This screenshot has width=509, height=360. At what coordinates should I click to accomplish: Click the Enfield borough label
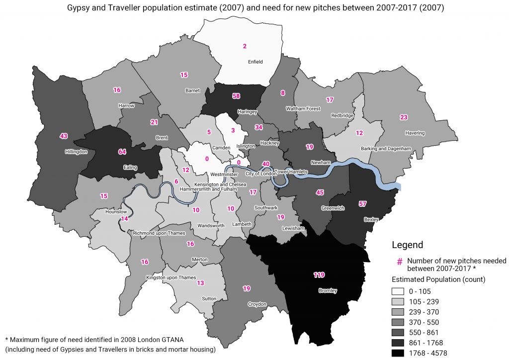tap(255, 62)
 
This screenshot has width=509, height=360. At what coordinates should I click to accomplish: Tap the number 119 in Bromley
tap(319, 274)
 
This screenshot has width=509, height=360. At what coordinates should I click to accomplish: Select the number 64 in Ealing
tap(122, 151)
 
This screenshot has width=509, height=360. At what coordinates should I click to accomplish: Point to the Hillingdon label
tap(76, 152)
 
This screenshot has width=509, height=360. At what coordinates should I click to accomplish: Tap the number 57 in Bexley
tap(362, 204)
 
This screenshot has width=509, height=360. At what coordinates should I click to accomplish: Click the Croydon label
tap(257, 304)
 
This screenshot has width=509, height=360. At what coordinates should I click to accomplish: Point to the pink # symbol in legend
tap(399, 261)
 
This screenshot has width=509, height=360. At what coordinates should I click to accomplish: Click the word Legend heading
tap(407, 245)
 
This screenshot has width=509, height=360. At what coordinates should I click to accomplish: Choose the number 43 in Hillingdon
tap(63, 136)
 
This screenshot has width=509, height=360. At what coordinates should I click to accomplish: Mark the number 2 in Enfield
tap(245, 46)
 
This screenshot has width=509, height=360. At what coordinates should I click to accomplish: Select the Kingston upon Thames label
tap(171, 277)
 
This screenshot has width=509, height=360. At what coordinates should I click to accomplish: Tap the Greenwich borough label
tap(333, 208)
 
